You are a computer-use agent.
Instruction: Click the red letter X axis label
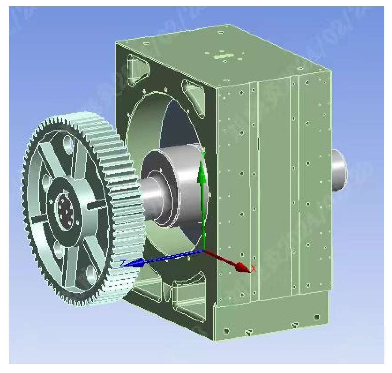point(253,269)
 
